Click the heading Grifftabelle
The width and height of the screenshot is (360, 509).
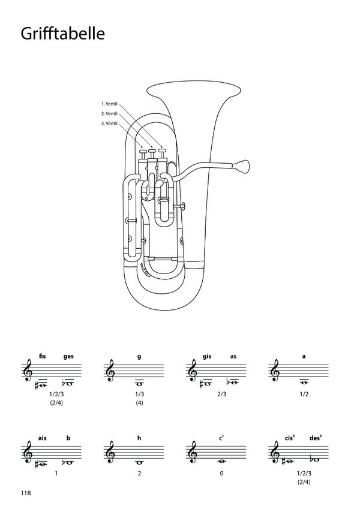(63, 34)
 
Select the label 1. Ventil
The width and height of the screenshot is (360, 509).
(109, 104)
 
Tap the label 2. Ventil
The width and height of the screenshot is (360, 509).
(109, 114)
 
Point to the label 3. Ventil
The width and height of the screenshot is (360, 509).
(109, 124)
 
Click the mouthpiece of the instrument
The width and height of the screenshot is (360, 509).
(242, 167)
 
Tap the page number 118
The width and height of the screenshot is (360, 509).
(26, 493)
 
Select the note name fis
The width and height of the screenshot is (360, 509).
(42, 356)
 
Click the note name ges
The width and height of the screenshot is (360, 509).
(68, 357)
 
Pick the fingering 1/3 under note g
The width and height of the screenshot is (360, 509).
(139, 394)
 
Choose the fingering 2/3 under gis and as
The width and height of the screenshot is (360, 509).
(221, 394)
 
